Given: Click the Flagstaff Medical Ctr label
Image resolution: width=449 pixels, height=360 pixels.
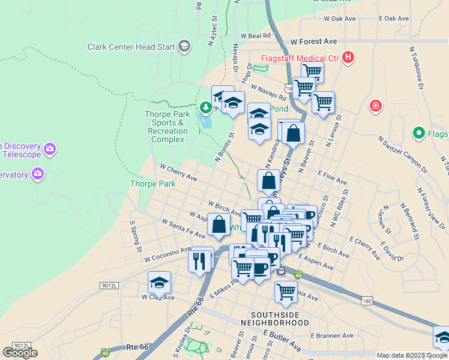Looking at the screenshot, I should coord(299,59).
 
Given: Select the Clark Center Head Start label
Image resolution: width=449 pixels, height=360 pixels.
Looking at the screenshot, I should coord(131,46).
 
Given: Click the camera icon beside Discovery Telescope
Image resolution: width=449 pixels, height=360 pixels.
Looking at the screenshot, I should coord(49,148).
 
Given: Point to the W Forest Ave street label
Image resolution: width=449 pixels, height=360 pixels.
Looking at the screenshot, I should coord(313,42).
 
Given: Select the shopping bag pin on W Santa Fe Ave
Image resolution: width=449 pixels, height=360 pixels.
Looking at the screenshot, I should coord(220,224).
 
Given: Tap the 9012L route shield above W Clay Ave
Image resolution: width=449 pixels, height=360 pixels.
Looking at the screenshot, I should coord(109,287).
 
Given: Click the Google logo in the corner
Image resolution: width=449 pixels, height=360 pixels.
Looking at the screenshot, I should coord(20,352).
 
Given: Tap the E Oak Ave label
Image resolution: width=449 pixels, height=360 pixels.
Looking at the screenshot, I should coord(394,19).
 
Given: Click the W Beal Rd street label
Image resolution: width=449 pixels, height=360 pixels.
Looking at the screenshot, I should coord(256,36).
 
